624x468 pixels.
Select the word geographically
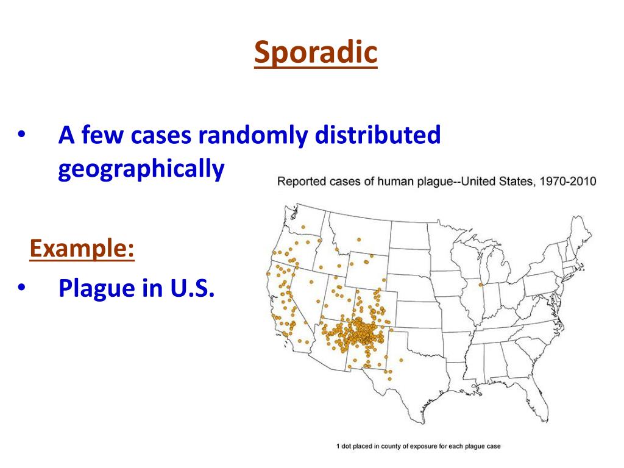[141, 169]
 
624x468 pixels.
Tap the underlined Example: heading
[82, 249]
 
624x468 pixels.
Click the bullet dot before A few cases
[21, 135]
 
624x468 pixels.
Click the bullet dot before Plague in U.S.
[21, 288]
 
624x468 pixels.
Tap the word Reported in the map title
[302, 181]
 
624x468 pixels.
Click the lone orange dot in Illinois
[480, 285]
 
